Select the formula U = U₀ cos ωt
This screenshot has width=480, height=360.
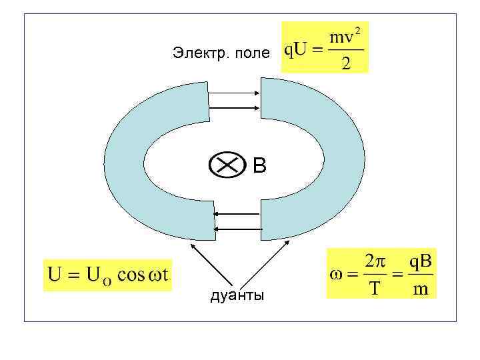[107, 275]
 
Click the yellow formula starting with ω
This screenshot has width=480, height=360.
[381, 273]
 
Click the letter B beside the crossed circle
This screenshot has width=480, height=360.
[259, 166]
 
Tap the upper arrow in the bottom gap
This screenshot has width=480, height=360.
[237, 214]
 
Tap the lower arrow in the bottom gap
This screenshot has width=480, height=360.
[237, 229]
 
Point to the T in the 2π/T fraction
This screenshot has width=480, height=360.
[375, 289]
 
